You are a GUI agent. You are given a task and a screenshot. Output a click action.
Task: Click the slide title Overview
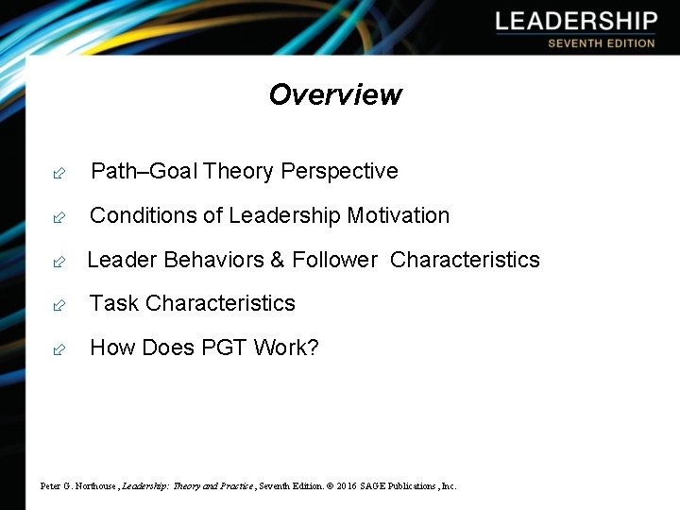point(335,94)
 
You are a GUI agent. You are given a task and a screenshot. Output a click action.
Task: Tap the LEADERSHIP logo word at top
point(575,22)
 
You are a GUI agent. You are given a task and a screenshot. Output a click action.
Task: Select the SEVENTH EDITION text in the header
point(601,43)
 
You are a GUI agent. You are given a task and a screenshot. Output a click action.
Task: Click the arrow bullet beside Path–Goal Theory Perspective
point(59,173)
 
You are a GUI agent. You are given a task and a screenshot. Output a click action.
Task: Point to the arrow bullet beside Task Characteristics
point(59,305)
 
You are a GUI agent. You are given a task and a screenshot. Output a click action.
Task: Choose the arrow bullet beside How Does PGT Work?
point(59,349)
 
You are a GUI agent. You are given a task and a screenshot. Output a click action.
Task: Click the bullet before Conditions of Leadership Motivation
point(59,217)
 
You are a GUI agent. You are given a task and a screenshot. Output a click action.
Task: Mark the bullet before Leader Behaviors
point(59,262)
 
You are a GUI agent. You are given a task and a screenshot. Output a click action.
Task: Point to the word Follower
point(334,260)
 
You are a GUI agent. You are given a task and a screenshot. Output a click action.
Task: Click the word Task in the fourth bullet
point(114,303)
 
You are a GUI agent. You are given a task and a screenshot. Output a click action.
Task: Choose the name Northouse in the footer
point(93,486)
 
